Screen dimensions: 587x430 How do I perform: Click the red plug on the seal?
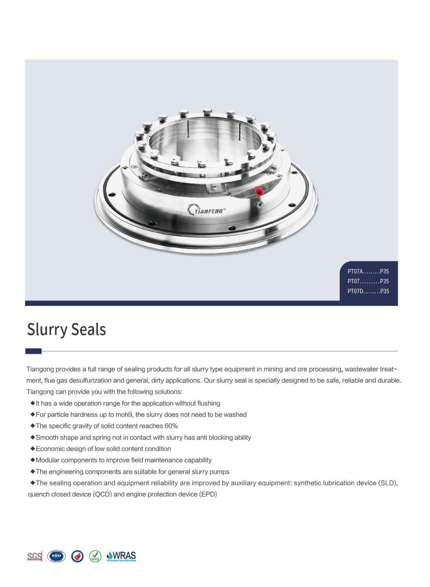(259, 191)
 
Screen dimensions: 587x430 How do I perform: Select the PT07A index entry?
(368, 271)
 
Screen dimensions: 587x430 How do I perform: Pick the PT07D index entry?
(368, 291)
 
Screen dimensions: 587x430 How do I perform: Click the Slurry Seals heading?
(66, 329)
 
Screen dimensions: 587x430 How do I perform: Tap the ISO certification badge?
(57, 556)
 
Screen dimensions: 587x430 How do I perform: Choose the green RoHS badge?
(95, 556)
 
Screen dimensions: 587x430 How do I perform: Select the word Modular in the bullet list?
(47, 460)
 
